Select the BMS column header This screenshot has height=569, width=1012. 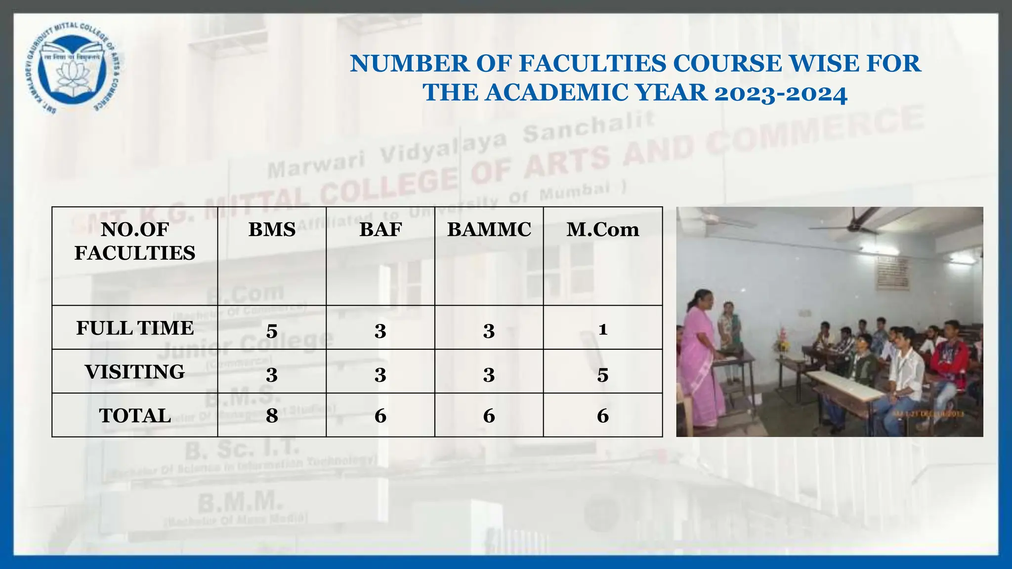point(272,230)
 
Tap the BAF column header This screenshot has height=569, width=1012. point(380,230)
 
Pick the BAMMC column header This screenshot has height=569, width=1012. point(489,230)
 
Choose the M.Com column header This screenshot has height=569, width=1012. point(602,230)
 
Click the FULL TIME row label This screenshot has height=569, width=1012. point(135,328)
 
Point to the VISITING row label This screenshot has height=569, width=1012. point(135,372)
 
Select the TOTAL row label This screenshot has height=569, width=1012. point(135,415)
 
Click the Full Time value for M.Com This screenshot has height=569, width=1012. point(602,329)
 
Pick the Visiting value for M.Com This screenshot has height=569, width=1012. point(602,375)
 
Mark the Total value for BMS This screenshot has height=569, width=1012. point(272,416)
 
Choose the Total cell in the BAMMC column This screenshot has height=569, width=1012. point(489,416)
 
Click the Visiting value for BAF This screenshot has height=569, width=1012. point(380,375)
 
